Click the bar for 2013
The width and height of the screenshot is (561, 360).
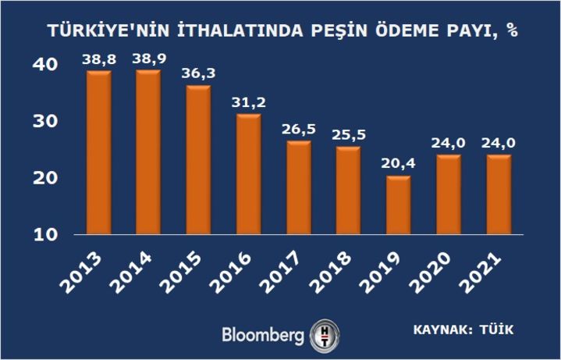coord(98,152)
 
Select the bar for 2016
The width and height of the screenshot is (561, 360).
coord(248,174)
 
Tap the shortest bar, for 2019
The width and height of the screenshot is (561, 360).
coord(397,205)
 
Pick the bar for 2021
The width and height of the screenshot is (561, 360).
coord(498,194)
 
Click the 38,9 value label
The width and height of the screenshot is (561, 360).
coord(147,59)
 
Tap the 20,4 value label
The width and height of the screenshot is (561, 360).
coord(397,165)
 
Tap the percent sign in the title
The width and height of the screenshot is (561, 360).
coord(513,32)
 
